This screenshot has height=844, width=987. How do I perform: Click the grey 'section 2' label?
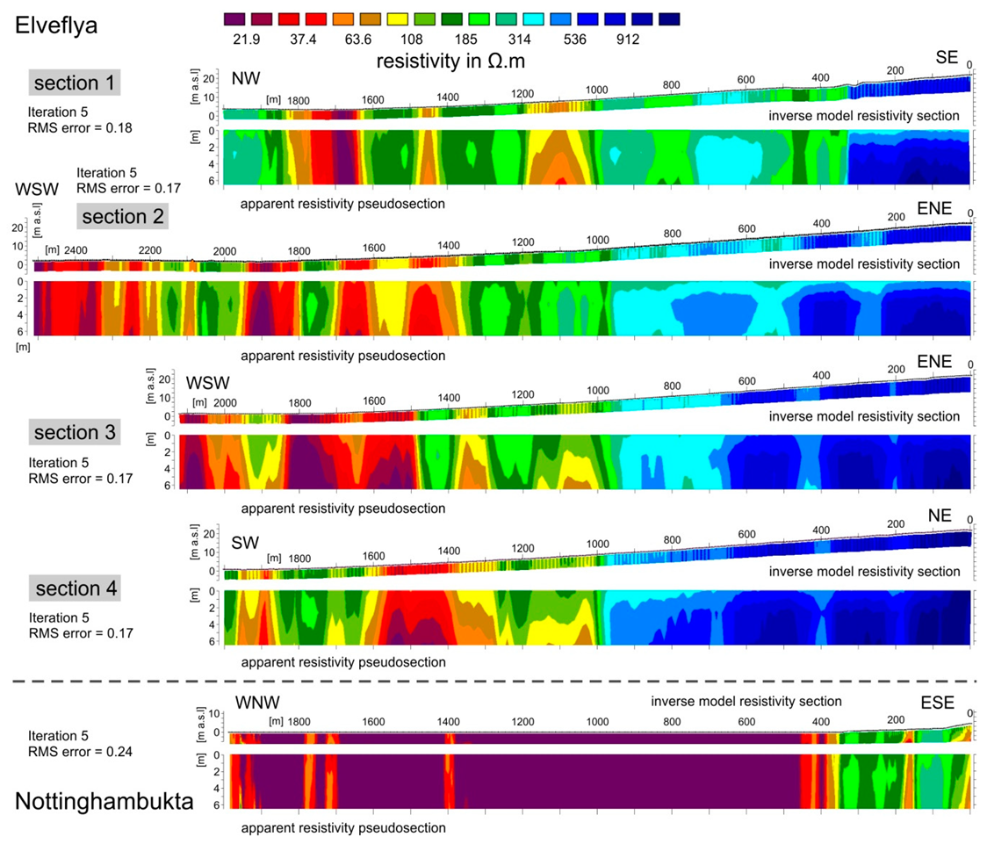click(122, 216)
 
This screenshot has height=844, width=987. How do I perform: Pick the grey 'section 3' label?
click(75, 432)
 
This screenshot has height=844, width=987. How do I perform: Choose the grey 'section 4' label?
click(75, 588)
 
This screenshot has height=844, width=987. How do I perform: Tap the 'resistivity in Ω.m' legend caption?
click(450, 61)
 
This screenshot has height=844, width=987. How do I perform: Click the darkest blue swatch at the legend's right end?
click(668, 19)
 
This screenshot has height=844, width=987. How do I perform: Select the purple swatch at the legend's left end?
click(236, 19)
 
